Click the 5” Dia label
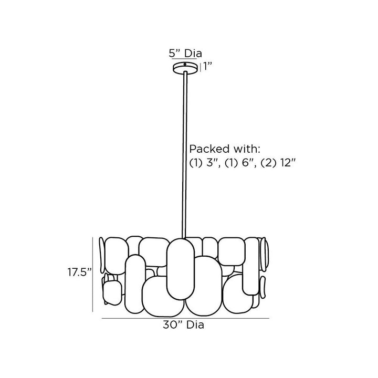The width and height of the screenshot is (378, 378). point(185,53)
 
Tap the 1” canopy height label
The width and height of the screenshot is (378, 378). point(207,66)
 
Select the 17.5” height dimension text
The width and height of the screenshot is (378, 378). point(80,272)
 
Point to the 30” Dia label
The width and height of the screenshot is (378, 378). point(183,325)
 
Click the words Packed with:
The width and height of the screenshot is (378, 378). point(225,149)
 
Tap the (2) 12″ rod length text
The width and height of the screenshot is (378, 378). point(278,163)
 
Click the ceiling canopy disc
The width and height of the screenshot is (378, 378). point(185,67)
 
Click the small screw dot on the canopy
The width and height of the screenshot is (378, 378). point(185,64)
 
